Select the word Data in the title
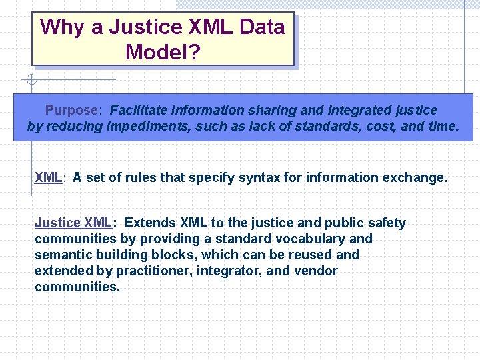262,27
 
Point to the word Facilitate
137,110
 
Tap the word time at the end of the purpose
442,126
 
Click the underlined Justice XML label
73,223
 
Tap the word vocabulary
307,239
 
